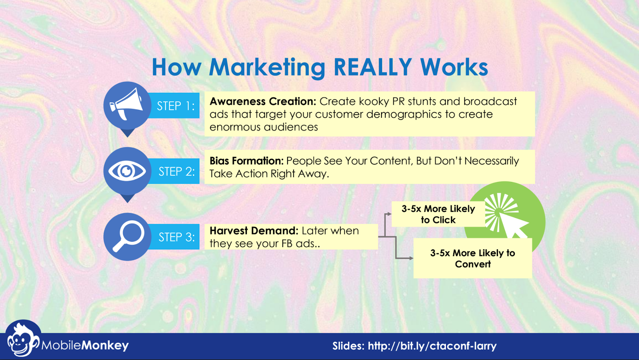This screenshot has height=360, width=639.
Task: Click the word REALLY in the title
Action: (373, 67)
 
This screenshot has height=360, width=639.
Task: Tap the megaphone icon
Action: (126, 103)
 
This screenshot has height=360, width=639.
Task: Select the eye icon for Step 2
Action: (127, 171)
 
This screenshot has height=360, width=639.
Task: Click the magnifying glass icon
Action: (129, 237)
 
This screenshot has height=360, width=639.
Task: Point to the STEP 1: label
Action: (176, 106)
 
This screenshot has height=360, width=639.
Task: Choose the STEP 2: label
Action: (177, 171)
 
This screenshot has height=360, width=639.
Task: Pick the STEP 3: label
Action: (177, 237)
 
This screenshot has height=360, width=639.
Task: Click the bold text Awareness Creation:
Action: (263, 101)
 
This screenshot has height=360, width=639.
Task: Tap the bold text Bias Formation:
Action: (246, 161)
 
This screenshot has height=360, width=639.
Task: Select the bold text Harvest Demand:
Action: (254, 231)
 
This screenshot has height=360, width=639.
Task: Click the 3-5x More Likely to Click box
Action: (438, 214)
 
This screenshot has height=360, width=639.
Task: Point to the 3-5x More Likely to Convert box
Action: (473, 259)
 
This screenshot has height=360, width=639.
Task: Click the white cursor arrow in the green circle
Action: (513, 225)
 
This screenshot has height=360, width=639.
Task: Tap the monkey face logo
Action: (22, 340)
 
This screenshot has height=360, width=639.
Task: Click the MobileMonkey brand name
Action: (85, 346)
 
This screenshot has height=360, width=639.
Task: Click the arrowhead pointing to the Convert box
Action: (411, 259)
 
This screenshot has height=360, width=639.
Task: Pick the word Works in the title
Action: (454, 67)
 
